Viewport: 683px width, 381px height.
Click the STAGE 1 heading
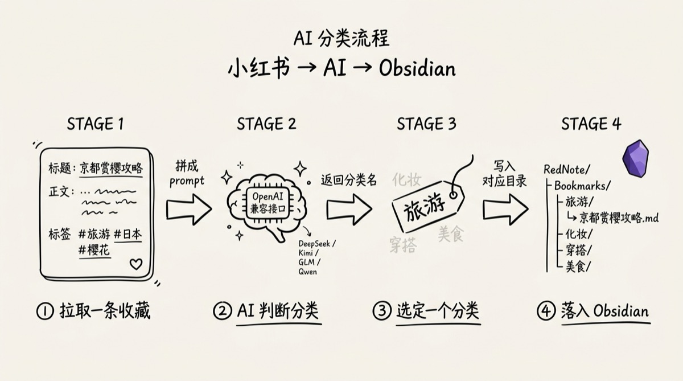[95, 124]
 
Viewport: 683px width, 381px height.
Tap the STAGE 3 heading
[426, 124]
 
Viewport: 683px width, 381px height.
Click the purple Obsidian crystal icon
[635, 159]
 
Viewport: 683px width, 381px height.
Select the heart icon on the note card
[135, 264]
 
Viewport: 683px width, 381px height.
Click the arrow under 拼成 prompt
[188, 209]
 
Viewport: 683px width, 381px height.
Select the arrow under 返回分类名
[349, 209]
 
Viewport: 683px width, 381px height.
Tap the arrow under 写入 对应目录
[504, 209]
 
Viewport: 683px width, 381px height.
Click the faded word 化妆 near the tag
[406, 180]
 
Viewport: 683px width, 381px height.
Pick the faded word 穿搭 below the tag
[403, 245]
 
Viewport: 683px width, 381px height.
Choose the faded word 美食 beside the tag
[451, 233]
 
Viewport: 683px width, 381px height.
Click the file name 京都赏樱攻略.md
[619, 217]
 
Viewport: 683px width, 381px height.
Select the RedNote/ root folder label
[567, 169]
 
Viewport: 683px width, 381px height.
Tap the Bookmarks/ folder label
[582, 186]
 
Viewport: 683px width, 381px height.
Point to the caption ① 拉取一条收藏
[94, 311]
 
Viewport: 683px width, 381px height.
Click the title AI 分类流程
[341, 39]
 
